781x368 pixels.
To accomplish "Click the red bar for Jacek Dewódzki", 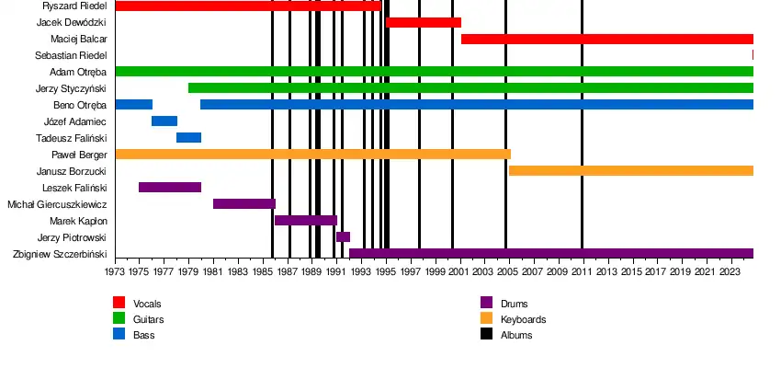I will click(424, 22).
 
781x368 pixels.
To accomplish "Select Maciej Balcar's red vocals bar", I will click(606, 39).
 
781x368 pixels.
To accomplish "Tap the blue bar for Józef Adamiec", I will click(164, 121).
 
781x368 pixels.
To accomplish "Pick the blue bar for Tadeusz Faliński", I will click(188, 138).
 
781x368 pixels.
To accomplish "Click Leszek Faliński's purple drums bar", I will click(170, 188).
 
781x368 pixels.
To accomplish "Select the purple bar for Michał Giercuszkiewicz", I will click(243, 204).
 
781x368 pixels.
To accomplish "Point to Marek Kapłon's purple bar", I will click(306, 221).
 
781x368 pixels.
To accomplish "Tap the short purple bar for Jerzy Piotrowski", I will click(343, 237).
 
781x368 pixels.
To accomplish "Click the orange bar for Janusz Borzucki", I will click(630, 171).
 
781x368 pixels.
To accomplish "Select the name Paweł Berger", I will click(83, 155).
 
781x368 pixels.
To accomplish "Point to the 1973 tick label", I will click(115, 272).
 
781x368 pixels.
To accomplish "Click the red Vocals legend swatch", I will click(119, 303).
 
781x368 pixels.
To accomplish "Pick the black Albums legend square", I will click(487, 335).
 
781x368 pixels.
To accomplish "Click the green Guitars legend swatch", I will click(119, 319).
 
